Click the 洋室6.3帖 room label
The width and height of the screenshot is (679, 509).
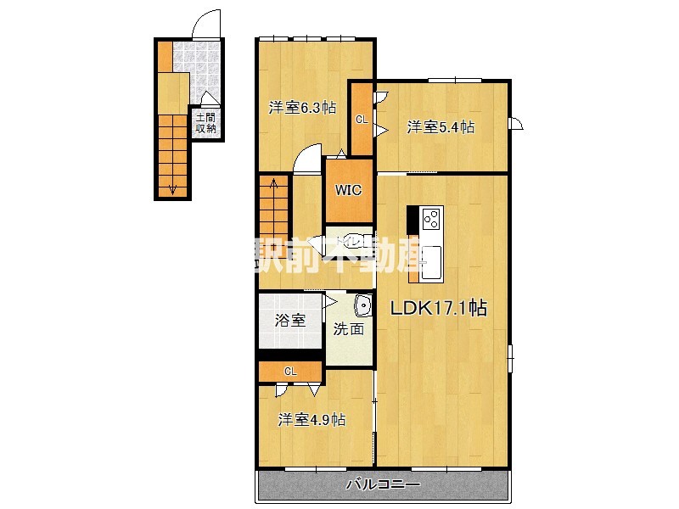[x=302, y=108]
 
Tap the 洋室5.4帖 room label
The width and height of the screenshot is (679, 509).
[x=440, y=127]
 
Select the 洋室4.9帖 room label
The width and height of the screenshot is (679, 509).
[x=312, y=419]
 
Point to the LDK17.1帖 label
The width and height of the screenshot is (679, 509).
[x=438, y=309]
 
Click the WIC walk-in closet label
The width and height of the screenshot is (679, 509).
[x=349, y=190]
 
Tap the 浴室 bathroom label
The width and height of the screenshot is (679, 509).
[x=289, y=321]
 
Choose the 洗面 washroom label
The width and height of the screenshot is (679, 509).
[x=348, y=329]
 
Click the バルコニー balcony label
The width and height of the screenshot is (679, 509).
[x=383, y=485]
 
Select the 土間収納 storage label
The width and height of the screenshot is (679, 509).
[x=205, y=124]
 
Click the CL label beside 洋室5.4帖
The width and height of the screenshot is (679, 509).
[x=362, y=120]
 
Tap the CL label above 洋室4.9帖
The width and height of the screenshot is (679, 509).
[x=290, y=371]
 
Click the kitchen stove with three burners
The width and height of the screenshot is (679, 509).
[x=431, y=219]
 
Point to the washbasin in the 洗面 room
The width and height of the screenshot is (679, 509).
[x=363, y=305]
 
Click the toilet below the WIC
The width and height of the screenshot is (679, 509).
[x=348, y=242]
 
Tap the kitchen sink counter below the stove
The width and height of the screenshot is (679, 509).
[x=431, y=260]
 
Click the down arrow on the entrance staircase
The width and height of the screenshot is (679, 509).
[x=173, y=188]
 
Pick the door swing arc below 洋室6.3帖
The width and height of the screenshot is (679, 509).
[x=308, y=159]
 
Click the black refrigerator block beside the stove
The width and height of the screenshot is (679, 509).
[x=412, y=219]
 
